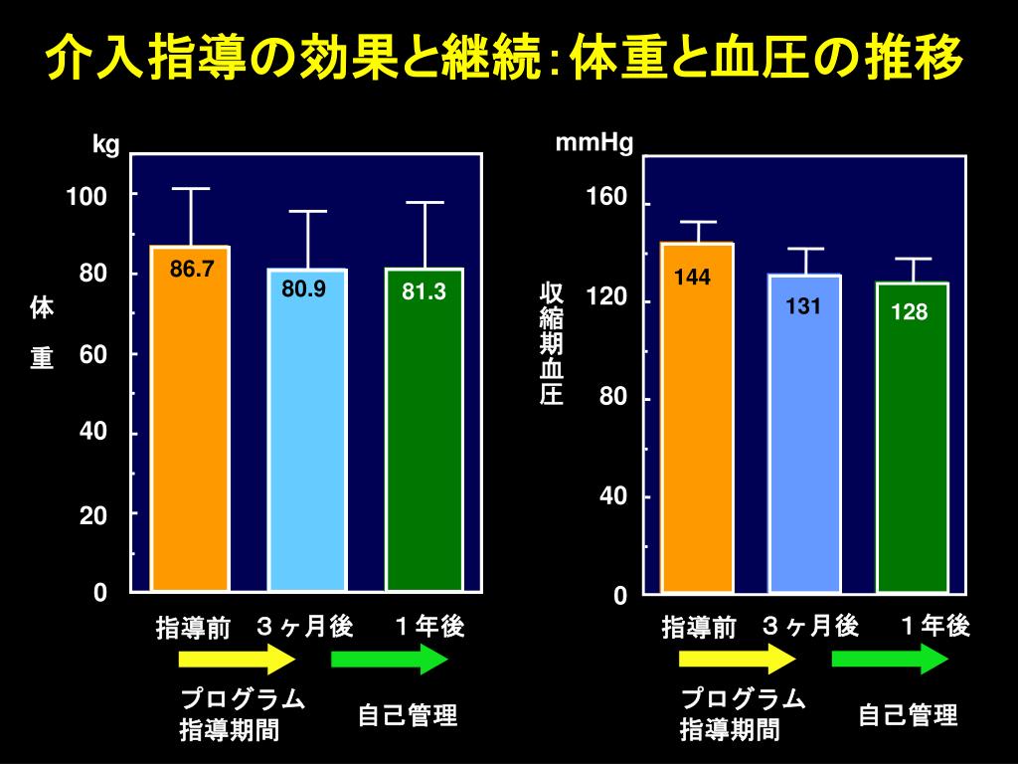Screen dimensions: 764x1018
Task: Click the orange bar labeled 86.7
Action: coord(190,418)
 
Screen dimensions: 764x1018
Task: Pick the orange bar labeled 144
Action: coord(697,418)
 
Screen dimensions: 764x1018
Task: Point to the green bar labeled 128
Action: coord(912,438)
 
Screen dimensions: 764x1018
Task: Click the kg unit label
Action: coord(106,145)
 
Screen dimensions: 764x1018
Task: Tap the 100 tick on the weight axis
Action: coord(86,196)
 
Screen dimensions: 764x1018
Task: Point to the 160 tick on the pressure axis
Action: coord(607,198)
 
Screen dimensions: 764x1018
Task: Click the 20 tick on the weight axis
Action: coord(93,514)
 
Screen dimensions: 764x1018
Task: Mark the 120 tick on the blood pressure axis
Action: coord(607,297)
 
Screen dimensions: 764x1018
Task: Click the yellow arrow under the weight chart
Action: coord(238,659)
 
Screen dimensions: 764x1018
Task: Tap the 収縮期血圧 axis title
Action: coord(552,344)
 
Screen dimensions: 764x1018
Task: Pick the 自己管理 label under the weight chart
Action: coord(408,715)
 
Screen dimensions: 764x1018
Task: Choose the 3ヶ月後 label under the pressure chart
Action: coord(810,626)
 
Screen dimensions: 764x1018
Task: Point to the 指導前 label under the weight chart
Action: coord(193,628)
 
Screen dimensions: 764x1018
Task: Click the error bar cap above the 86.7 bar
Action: coord(190,188)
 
